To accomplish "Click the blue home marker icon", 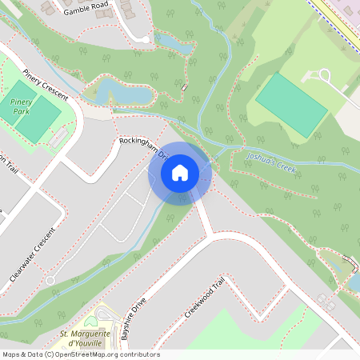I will [x=180, y=173].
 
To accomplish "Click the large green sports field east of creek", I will [x=291, y=105].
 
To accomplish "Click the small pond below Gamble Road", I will [x=175, y=44].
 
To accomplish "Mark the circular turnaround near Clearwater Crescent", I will [x=50, y=281].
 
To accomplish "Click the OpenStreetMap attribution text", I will [x=80, y=354].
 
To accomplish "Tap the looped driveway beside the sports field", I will [x=325, y=76].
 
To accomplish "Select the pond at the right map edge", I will [x=353, y=282].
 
